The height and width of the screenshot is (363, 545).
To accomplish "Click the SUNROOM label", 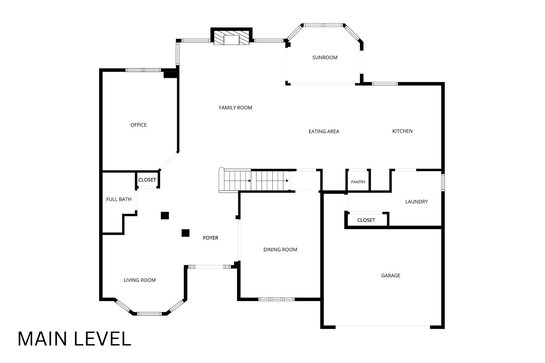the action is (x=325, y=57).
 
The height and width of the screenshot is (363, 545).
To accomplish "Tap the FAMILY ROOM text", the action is (x=235, y=108).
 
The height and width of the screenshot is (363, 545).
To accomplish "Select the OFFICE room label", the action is (x=138, y=125).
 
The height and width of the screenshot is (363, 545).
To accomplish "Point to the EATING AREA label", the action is (x=324, y=131).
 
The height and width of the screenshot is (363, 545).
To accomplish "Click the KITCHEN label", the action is (x=403, y=131).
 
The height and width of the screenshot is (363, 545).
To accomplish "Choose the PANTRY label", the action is (x=358, y=182).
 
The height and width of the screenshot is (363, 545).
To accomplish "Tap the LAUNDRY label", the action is (x=416, y=202).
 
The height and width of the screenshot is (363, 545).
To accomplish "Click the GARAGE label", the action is (x=390, y=275).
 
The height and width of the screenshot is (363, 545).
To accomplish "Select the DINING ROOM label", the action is (x=280, y=249).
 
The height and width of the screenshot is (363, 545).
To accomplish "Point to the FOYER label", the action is (x=211, y=238).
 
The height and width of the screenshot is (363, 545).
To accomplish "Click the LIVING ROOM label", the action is (x=140, y=280).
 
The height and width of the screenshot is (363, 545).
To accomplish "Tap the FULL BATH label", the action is (x=119, y=199).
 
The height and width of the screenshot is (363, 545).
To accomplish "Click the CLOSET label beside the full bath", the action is (x=147, y=180).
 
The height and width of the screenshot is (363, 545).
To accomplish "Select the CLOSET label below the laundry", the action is (x=366, y=220).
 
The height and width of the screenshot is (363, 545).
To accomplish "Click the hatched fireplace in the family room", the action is (x=231, y=38).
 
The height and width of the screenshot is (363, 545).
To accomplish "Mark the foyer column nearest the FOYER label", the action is (x=185, y=233).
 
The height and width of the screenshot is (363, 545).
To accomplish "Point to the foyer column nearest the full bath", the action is (x=165, y=215).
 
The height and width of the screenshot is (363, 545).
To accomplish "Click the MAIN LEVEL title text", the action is (x=74, y=338).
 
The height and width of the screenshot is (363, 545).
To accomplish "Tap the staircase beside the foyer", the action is (x=255, y=180).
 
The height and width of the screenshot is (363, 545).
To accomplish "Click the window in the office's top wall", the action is (x=143, y=70).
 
